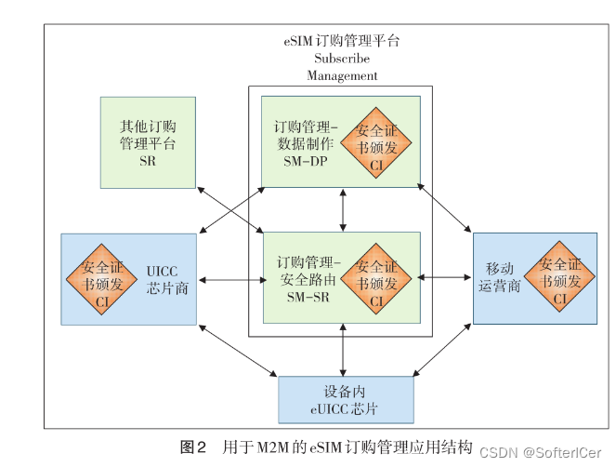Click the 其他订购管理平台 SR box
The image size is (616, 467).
pyautogui.click(x=148, y=142)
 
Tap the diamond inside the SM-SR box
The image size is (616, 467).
pyautogui.click(x=376, y=276)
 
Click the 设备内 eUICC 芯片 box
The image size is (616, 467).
pyautogui.click(x=346, y=400)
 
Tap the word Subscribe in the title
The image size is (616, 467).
pyautogui.click(x=342, y=59)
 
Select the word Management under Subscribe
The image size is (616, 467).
pyautogui.click(x=342, y=75)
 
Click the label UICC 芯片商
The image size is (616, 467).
pyautogui.click(x=168, y=278)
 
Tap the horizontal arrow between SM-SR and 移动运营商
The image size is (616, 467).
pyautogui.click(x=447, y=276)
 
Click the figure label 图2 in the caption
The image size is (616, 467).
pyautogui.click(x=193, y=447)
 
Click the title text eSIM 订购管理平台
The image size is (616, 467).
pyautogui.click(x=342, y=42)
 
